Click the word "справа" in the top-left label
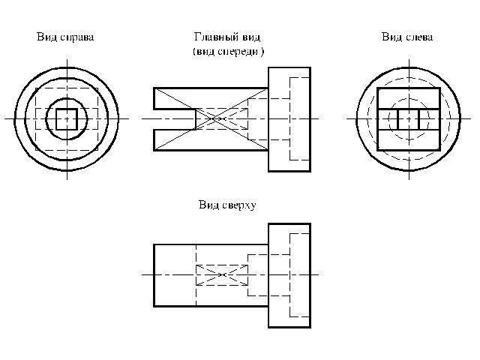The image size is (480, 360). click(x=78, y=37)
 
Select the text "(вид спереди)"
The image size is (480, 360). click(x=228, y=51)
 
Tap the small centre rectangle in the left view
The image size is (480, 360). click(x=408, y=119)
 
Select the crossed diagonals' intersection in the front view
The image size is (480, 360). click(x=216, y=118)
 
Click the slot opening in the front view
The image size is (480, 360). click(x=174, y=119)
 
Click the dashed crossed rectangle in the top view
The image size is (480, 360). click(x=222, y=274)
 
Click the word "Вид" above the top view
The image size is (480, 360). click(x=208, y=204)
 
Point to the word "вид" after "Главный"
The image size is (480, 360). click(x=252, y=37)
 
